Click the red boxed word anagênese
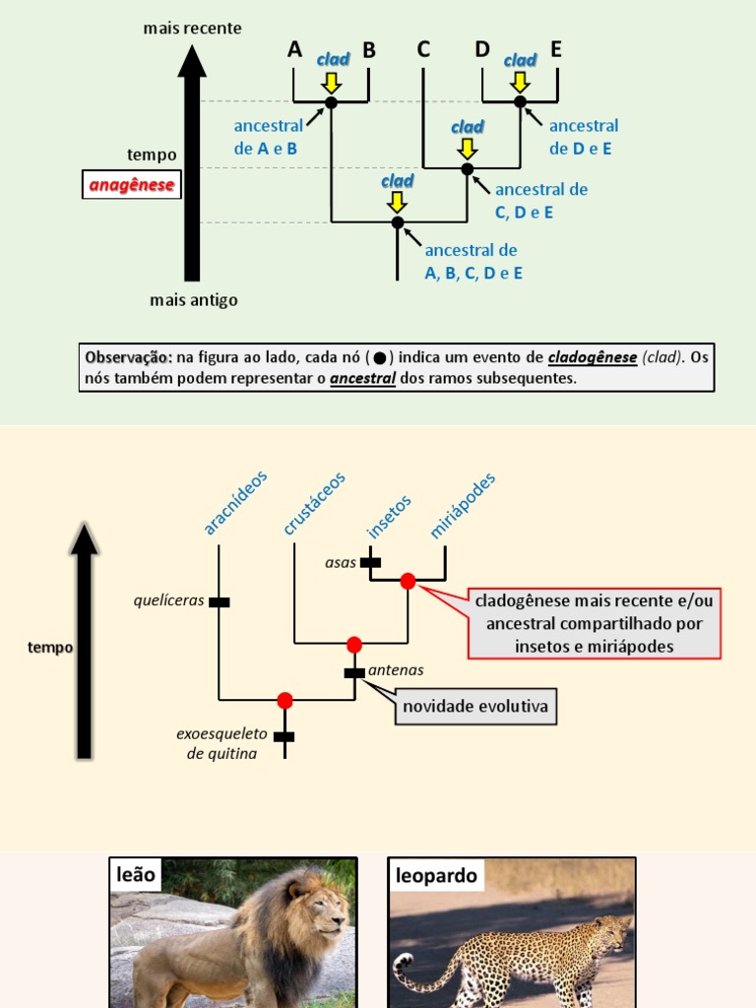(x=132, y=184)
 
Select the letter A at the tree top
(x=294, y=49)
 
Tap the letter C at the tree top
(x=423, y=49)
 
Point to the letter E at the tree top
(x=556, y=49)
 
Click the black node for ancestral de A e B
(x=332, y=102)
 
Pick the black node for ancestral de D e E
(x=520, y=101)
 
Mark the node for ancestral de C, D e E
(x=468, y=168)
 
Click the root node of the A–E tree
(x=398, y=222)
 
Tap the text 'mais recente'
(x=192, y=29)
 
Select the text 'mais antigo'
(x=194, y=300)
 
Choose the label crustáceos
(x=315, y=503)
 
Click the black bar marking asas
(x=370, y=563)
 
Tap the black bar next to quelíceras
(x=219, y=601)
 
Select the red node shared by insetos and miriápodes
(x=408, y=582)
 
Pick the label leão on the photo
(x=136, y=875)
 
